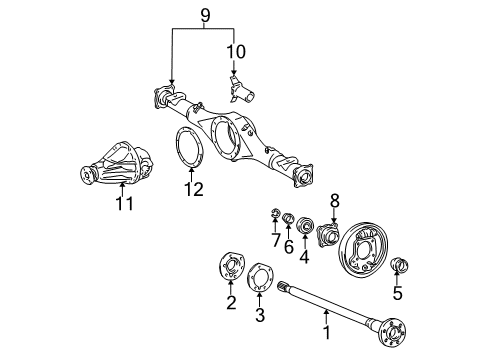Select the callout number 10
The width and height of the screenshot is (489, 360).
pyautogui.click(x=237, y=52)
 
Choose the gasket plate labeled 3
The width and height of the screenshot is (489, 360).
pyautogui.click(x=262, y=276)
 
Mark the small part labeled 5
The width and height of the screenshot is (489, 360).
pyautogui.click(x=402, y=267)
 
